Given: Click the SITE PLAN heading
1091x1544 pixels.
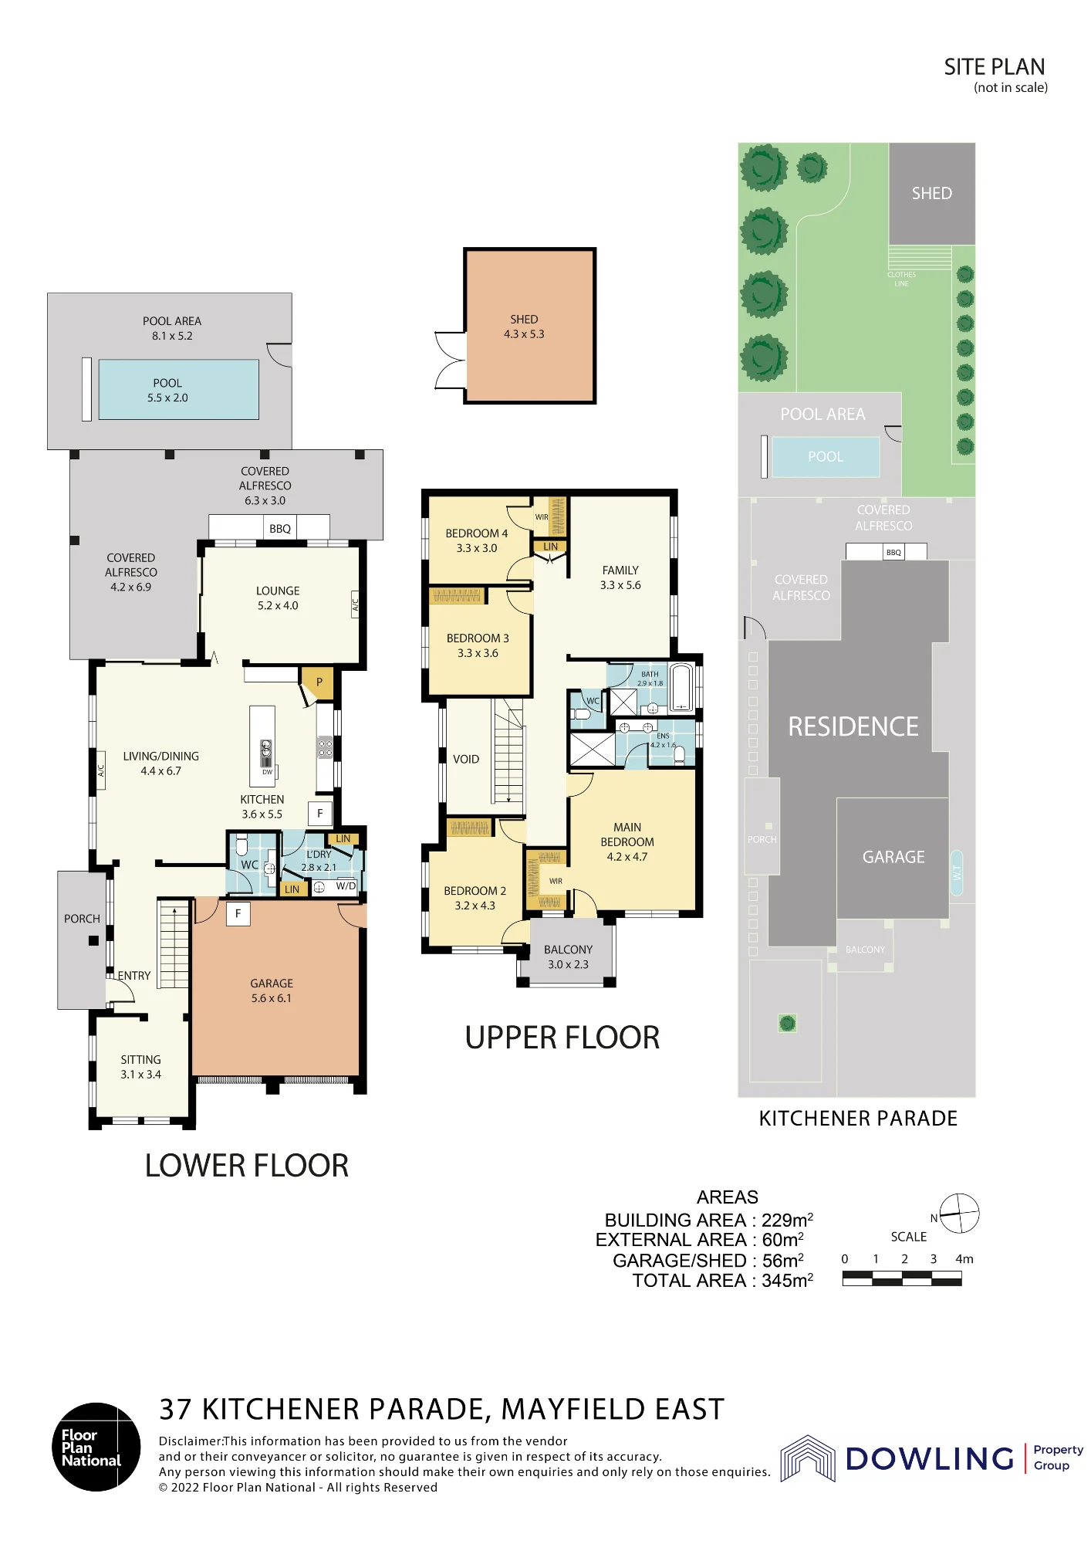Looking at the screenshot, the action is [995, 67].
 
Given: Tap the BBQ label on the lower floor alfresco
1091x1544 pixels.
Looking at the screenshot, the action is [280, 529].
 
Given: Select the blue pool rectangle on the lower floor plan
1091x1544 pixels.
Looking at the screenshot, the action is [179, 390].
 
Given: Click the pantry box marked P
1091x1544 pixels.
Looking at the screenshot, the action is [319, 682].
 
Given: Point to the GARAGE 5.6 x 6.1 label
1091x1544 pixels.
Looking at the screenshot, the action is [272, 990].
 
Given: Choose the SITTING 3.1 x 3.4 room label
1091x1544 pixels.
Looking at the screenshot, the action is [140, 1067].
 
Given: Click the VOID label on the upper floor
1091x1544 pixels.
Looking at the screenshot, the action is [466, 759].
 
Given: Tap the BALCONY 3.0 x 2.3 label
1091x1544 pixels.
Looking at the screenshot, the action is [569, 957].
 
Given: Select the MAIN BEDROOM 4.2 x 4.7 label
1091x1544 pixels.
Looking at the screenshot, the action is [627, 841].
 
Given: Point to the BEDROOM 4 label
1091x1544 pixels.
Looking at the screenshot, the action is [477, 533].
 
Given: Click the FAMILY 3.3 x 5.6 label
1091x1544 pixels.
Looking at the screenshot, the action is [621, 577].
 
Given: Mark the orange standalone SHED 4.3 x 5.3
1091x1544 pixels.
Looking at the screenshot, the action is [530, 325].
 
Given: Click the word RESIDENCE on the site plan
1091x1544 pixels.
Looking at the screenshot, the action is [853, 726].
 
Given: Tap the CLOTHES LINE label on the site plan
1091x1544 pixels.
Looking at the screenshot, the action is [902, 279].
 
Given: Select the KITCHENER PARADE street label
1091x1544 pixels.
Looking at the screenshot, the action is [858, 1119].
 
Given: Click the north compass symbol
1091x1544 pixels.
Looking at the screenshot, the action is [959, 1213].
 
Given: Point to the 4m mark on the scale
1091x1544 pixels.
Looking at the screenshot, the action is [964, 1259].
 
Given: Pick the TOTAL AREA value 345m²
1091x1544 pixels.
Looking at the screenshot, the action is [788, 1281].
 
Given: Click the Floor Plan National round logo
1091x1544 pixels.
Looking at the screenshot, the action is [96, 1447].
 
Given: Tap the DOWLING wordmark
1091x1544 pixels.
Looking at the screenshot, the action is [930, 1458].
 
